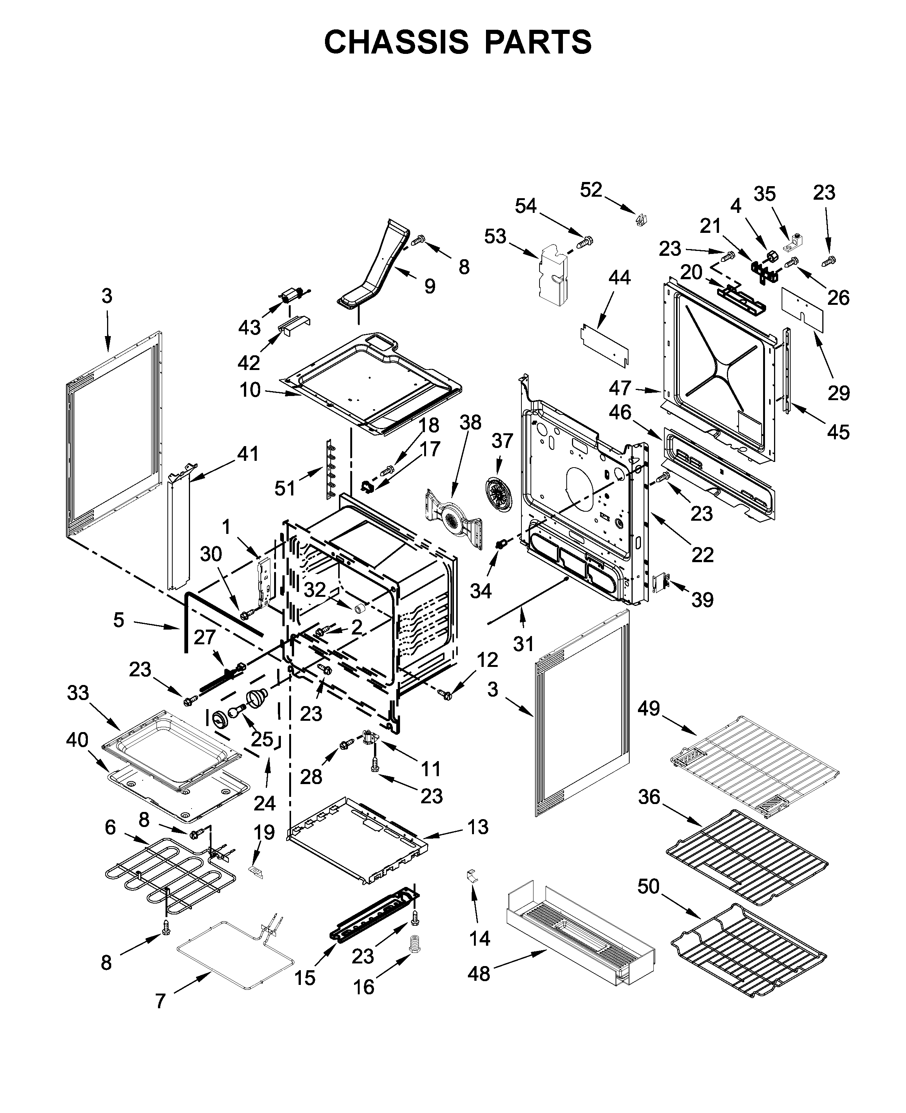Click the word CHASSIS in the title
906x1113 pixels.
396,42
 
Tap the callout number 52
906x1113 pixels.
591,190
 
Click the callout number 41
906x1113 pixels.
248,454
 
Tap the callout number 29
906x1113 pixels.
839,393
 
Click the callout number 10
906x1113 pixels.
250,390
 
